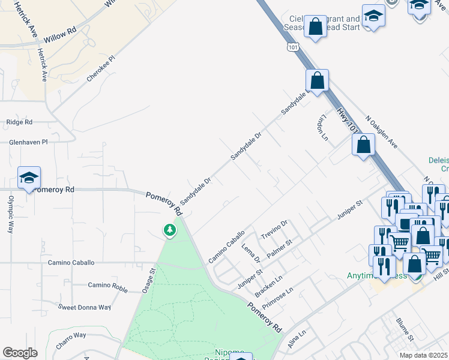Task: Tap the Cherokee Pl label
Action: pyautogui.click(x=101, y=69)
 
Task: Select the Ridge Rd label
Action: pyautogui.click(x=19, y=122)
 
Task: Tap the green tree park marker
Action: pyautogui.click(x=170, y=230)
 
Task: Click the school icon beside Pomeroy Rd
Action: pyautogui.click(x=29, y=178)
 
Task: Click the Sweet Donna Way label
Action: pyautogui.click(x=84, y=307)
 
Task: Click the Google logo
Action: pyautogui.click(x=20, y=353)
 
